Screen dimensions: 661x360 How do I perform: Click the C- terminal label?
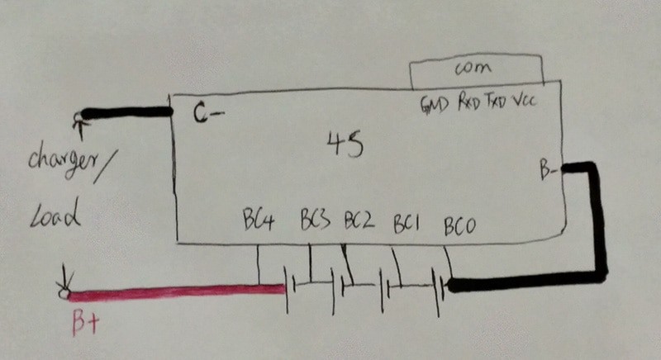tap(208, 112)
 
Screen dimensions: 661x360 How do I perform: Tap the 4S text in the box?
tap(345, 144)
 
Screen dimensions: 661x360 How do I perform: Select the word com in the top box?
tap(473, 68)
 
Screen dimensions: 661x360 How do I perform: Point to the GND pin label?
tap(435, 104)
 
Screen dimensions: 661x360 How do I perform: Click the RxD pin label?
tap(469, 102)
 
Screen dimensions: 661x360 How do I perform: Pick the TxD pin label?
tap(496, 101)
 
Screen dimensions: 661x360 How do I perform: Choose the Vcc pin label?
tap(525, 100)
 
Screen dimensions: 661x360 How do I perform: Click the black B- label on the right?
tap(549, 171)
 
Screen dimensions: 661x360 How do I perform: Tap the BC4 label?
tap(259, 220)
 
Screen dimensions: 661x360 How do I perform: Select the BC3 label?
tap(315, 219)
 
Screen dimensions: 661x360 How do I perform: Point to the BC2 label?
tap(359, 220)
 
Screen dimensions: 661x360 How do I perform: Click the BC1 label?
tap(406, 224)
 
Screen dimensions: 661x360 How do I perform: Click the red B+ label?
tap(86, 323)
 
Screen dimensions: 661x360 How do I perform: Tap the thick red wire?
tap(177, 292)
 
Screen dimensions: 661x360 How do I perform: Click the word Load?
tap(55, 215)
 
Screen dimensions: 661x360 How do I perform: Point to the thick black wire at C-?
tap(127, 113)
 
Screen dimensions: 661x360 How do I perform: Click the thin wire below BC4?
tap(259, 264)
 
